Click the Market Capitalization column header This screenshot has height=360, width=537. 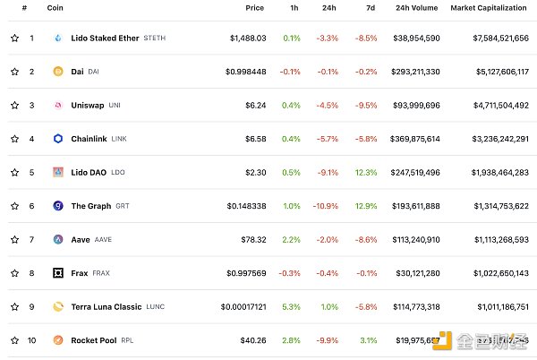tap(490, 8)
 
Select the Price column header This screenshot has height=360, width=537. tap(255, 8)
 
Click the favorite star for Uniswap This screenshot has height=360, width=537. tap(14, 105)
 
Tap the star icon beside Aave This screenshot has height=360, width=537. tap(14, 239)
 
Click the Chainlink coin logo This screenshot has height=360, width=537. tap(58, 139)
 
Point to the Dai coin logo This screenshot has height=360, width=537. tap(58, 72)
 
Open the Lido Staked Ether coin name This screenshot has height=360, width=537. tap(105, 39)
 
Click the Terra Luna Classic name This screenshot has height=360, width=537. tap(106, 306)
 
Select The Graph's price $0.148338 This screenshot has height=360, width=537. tap(246, 206)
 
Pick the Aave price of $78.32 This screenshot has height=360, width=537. tap(253, 239)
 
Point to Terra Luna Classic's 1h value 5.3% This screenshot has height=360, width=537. tap(292, 306)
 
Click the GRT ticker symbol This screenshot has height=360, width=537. tap(123, 206)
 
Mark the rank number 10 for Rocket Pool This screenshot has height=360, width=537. tap(31, 340)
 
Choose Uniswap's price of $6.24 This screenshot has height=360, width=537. tap(254, 105)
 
